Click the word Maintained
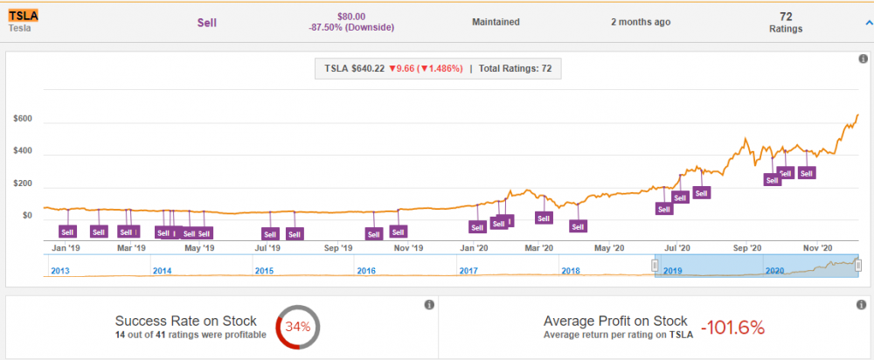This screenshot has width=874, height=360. [496, 22]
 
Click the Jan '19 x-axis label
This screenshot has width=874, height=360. [66, 248]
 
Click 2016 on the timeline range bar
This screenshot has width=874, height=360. [366, 271]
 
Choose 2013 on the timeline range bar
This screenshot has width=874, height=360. [60, 271]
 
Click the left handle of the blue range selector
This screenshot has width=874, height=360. [655, 266]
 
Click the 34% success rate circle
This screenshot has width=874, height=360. [298, 327]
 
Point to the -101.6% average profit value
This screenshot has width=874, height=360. [735, 328]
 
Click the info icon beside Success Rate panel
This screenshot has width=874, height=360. [428, 305]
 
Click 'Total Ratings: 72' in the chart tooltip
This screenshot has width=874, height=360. [515, 69]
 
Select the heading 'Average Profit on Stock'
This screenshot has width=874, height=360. [615, 321]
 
